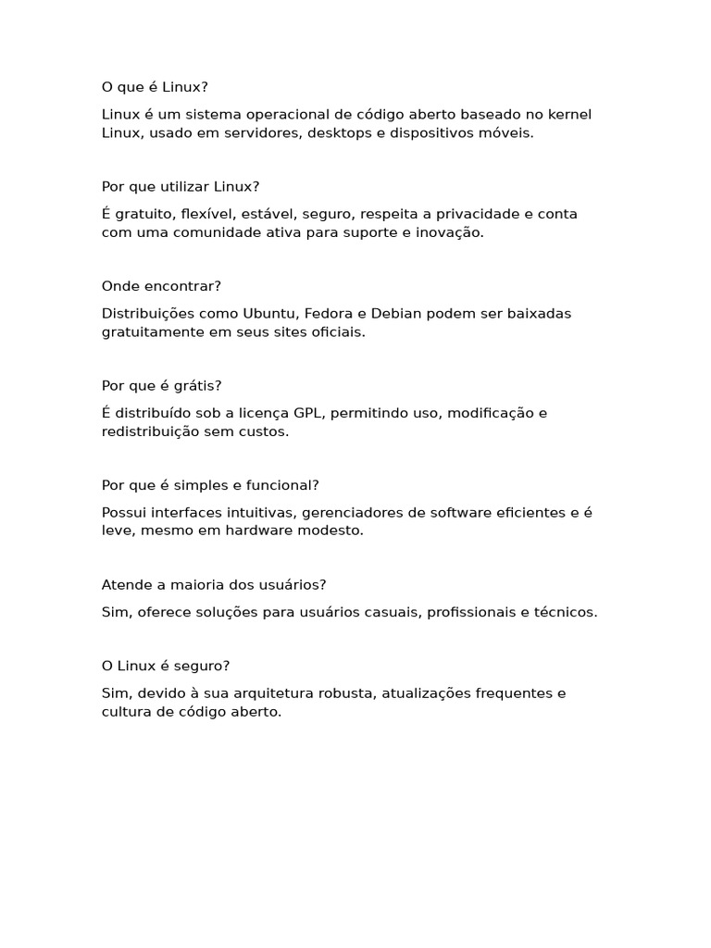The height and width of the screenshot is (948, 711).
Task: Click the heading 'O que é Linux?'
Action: (155, 87)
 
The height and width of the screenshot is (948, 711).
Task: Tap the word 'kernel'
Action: (568, 114)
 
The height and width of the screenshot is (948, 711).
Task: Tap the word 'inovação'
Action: (451, 232)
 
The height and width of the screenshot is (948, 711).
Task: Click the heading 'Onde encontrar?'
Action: (161, 286)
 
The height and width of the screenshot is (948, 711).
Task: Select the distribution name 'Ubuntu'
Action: (267, 313)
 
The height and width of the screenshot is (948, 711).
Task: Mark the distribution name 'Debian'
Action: (395, 313)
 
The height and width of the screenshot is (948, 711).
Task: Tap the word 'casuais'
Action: (388, 612)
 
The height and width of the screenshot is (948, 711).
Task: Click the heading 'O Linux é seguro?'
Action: (166, 666)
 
